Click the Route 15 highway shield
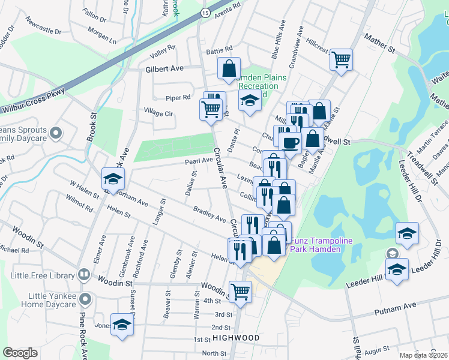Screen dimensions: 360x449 click(x=205, y=13)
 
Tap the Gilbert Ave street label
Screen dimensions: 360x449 click(x=164, y=69)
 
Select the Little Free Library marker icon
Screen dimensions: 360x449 click(x=84, y=276)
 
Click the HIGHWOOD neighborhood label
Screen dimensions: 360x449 click(x=236, y=338)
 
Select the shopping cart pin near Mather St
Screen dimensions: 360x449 click(x=341, y=59)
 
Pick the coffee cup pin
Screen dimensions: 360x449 click(x=291, y=143)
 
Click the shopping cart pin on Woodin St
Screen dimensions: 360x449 click(x=240, y=292)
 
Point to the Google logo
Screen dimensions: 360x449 click(x=20, y=353)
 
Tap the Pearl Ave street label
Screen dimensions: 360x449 click(x=199, y=161)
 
